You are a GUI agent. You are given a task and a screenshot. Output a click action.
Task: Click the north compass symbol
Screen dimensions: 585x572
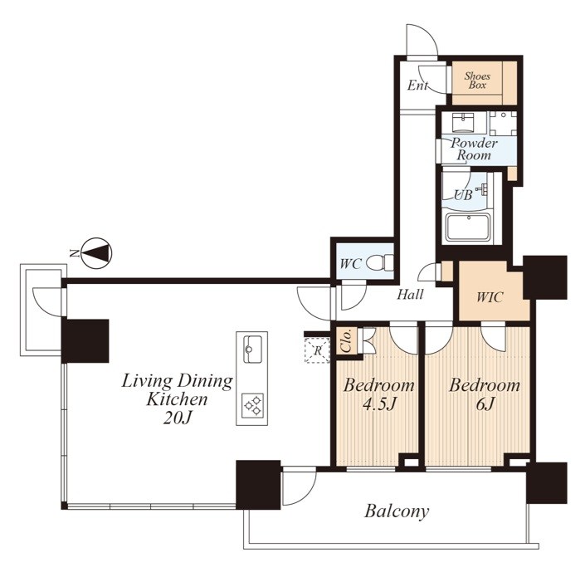click(96, 253)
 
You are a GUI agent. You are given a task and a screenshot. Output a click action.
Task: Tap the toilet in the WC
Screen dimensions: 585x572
click(381, 262)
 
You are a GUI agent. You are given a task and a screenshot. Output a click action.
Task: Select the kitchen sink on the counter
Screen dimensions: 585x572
click(252, 350)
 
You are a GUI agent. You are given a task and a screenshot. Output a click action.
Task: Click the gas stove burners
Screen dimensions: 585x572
click(252, 406)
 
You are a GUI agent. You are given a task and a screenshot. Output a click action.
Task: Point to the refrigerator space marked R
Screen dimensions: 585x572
click(317, 350)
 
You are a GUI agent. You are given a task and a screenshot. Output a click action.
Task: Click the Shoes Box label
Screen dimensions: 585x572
click(477, 81)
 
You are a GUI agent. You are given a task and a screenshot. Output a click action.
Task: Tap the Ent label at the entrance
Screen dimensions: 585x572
click(417, 86)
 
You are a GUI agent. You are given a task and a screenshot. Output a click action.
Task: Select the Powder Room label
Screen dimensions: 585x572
click(474, 149)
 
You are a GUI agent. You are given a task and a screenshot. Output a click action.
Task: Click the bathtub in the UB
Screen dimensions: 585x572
click(470, 227)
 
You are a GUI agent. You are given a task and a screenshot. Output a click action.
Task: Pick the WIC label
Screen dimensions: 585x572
click(490, 297)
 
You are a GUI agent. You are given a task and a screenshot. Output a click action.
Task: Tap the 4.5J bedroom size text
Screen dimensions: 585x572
click(379, 404)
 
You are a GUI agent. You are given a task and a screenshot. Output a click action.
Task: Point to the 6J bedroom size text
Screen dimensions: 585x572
click(485, 403)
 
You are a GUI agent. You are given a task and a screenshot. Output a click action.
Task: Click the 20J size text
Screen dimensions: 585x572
click(177, 418)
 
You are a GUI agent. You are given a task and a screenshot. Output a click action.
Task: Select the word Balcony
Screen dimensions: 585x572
click(397, 511)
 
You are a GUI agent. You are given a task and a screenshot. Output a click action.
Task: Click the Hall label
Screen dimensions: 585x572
click(410, 295)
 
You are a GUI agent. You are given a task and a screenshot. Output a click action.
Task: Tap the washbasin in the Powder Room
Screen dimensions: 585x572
click(463, 123)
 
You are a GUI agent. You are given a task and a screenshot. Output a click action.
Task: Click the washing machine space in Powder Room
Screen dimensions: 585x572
click(504, 123)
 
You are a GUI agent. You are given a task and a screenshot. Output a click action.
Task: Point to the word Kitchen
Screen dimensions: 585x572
click(177, 399)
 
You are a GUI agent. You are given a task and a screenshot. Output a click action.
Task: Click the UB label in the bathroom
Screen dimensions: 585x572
click(463, 194)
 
